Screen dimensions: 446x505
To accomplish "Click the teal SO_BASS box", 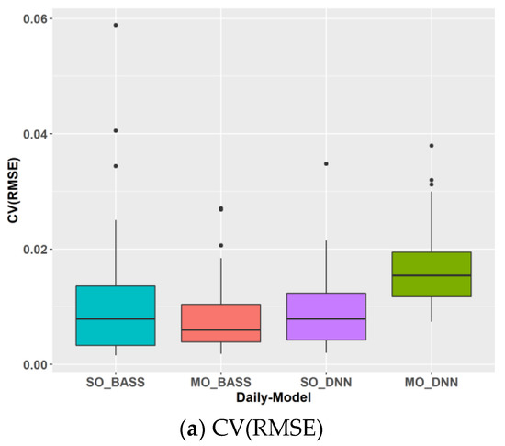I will pyautogui.click(x=116, y=315).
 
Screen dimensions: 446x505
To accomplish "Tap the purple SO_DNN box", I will pyautogui.click(x=326, y=317).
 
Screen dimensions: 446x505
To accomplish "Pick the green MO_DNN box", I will pyautogui.click(x=432, y=273).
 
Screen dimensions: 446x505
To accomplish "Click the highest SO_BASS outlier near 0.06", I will pyautogui.click(x=116, y=25).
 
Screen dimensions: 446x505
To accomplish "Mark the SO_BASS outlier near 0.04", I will pyautogui.click(x=116, y=130).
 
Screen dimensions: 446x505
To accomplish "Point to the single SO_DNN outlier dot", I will pyautogui.click(x=326, y=164).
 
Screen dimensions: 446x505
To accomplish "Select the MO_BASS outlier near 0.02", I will pyautogui.click(x=220, y=245).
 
